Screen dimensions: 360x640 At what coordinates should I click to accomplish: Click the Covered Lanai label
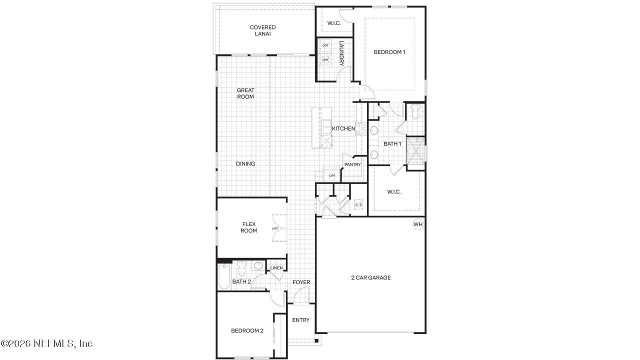tap(262, 30)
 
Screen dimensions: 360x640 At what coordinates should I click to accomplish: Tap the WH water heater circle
tap(418, 224)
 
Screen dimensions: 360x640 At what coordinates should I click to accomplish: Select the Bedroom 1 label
tap(389, 52)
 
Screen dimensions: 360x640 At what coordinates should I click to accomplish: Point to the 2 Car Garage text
tap(370, 277)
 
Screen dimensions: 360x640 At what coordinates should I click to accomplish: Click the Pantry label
tap(352, 164)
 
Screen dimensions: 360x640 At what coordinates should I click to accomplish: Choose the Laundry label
tap(341, 53)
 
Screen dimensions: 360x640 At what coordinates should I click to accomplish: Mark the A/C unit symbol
tap(358, 205)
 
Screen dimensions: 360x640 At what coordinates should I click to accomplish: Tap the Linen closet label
tap(276, 268)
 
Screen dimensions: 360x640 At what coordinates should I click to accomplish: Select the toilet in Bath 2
tap(241, 269)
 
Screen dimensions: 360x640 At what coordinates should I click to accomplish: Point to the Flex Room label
tap(249, 227)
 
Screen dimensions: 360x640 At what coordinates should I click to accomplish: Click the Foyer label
tap(301, 282)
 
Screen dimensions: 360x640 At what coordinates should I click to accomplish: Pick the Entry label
tap(301, 320)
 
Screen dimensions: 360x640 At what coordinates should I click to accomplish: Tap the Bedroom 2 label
tap(247, 330)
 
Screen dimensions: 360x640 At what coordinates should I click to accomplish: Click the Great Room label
tap(245, 93)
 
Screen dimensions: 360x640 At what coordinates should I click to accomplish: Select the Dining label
tap(245, 163)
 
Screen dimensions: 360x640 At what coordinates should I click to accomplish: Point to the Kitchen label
tap(343, 129)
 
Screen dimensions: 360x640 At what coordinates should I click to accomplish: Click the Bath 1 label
tap(392, 144)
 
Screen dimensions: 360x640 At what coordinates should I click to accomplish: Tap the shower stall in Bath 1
tap(415, 149)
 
